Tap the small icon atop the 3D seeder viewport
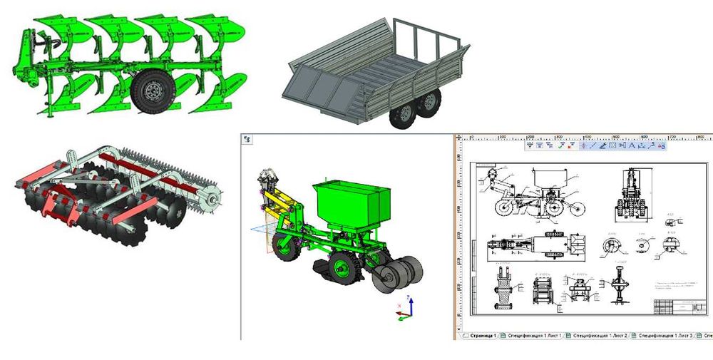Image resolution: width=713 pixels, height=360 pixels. point(247,139)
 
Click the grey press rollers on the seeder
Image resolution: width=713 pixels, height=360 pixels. point(399,274)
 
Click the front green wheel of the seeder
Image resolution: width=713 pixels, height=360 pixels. point(285,246)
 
